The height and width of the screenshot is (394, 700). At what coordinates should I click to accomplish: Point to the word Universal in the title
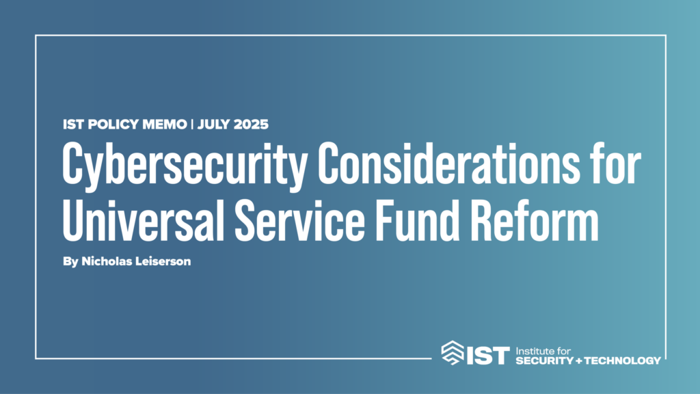click(143, 220)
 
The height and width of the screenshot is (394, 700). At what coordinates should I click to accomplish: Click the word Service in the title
click(299, 220)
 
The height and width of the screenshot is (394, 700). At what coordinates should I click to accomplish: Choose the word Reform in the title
click(535, 220)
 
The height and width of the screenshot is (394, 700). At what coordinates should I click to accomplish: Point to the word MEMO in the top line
click(164, 124)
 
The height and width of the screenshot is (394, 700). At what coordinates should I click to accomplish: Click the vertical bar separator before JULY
click(192, 124)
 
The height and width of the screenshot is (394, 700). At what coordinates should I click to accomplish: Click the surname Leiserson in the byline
click(163, 261)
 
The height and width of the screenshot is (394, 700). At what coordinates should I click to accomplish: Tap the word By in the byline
click(70, 262)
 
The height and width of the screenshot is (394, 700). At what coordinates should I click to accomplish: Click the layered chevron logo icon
click(453, 353)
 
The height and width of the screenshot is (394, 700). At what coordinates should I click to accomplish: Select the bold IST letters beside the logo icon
click(488, 356)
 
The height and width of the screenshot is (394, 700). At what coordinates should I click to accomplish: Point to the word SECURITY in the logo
click(545, 360)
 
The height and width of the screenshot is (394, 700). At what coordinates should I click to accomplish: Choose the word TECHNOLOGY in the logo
click(622, 360)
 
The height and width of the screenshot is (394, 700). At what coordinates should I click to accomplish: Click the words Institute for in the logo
click(543, 351)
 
